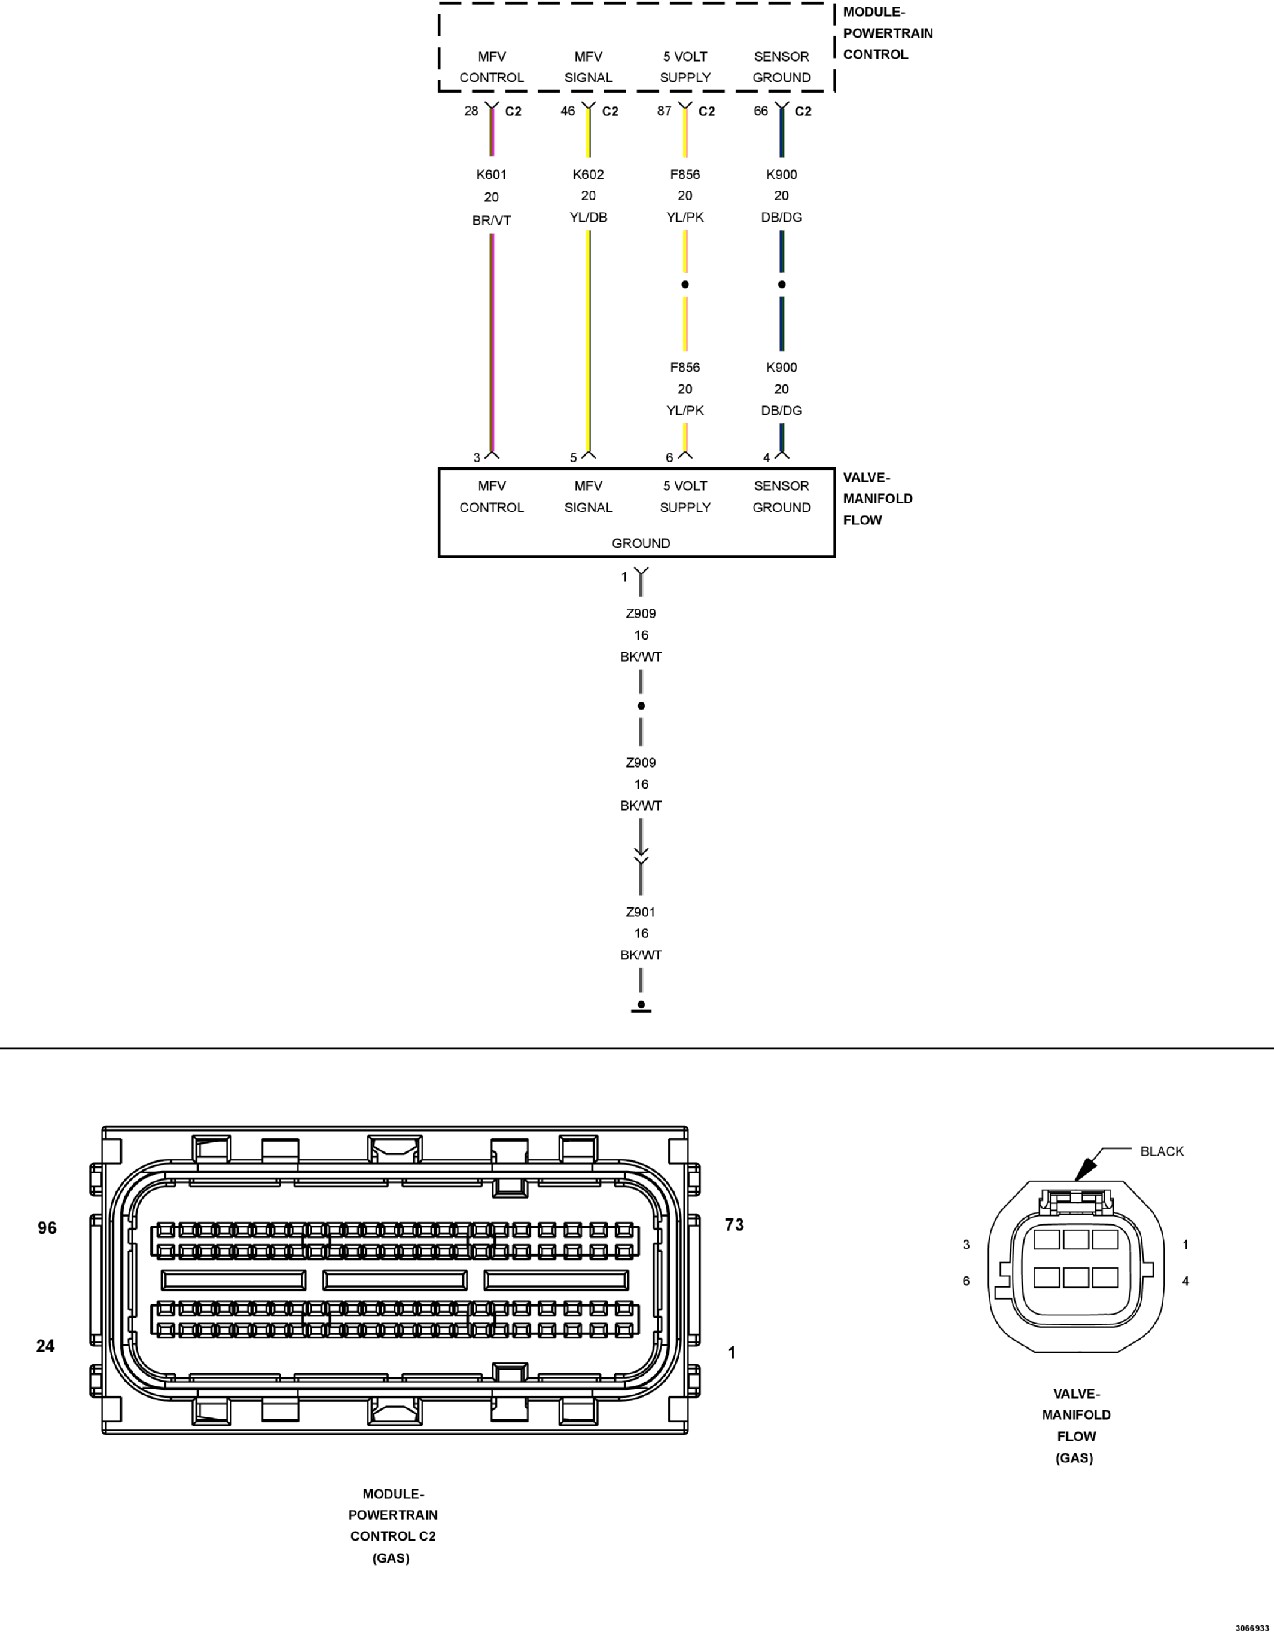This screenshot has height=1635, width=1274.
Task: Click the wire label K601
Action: click(x=491, y=175)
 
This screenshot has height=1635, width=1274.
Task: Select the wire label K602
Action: click(x=588, y=175)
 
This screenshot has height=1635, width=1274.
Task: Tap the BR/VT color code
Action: click(x=491, y=220)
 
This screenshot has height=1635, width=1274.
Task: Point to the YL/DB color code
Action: click(x=588, y=217)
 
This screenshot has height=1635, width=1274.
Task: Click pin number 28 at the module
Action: click(x=471, y=111)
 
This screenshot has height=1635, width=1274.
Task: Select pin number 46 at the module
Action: click(x=568, y=111)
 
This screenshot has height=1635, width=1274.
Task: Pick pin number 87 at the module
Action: click(x=665, y=111)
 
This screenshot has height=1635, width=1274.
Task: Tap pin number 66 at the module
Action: click(x=761, y=111)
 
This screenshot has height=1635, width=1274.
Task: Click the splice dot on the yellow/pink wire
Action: click(x=685, y=285)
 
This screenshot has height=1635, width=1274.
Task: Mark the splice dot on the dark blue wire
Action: click(x=782, y=285)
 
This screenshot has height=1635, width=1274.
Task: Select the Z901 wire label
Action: click(x=641, y=912)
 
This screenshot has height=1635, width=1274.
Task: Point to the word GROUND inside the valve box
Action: click(x=641, y=543)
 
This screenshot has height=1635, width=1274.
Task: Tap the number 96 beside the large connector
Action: click(x=47, y=1228)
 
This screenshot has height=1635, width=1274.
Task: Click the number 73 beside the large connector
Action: click(x=734, y=1225)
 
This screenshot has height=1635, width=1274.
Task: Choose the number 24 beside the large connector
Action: click(x=45, y=1346)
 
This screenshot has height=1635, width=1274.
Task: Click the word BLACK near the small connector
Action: click(x=1162, y=1151)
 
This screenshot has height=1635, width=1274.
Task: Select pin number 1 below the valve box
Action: click(x=624, y=576)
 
